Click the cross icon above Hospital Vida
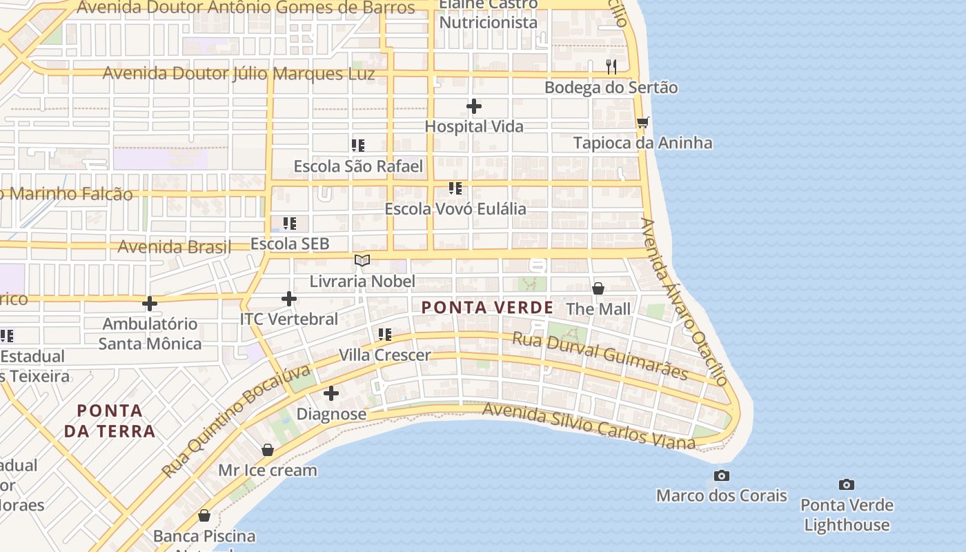click(x=474, y=106)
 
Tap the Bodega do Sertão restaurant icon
click(x=611, y=67)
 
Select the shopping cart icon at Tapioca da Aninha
click(x=643, y=122)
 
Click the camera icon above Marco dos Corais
click(x=722, y=475)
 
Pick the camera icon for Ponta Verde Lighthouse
click(x=847, y=484)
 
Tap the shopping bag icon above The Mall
click(x=598, y=288)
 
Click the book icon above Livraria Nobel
click(x=362, y=260)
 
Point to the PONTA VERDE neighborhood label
click(x=487, y=308)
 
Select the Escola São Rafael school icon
click(x=357, y=146)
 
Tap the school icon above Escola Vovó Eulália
click(x=455, y=188)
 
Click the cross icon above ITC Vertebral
click(x=289, y=299)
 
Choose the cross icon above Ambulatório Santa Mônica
click(x=150, y=304)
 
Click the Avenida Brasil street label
click(x=174, y=247)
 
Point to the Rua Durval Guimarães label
click(x=600, y=355)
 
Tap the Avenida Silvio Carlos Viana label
click(x=589, y=426)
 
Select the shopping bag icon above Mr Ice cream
click(x=268, y=450)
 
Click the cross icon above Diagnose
click(x=331, y=393)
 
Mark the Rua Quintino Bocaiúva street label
click(x=237, y=422)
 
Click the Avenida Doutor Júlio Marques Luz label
click(x=239, y=74)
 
